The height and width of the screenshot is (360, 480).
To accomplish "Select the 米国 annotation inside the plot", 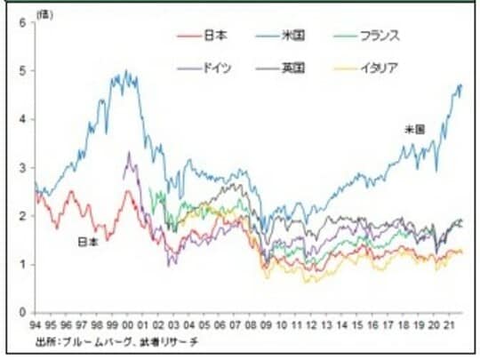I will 413,130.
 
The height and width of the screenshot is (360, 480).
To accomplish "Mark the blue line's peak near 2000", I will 126,72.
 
